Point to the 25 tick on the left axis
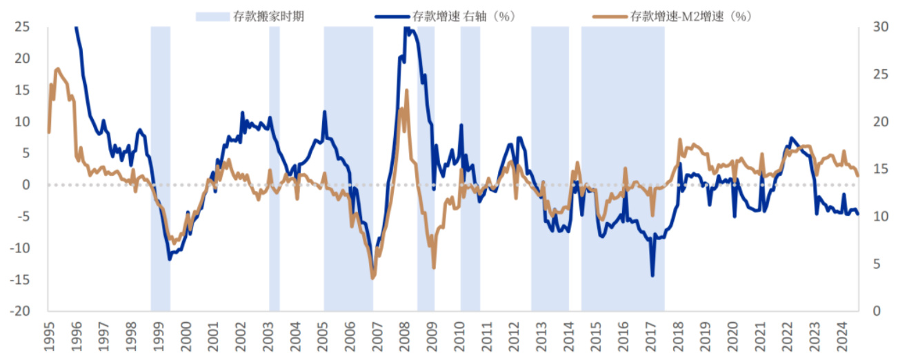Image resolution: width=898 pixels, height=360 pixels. pyautogui.click(x=23, y=27)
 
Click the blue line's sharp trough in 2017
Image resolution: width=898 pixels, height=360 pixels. pyautogui.click(x=652, y=276)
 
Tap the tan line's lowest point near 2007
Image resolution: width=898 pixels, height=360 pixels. pyautogui.click(x=373, y=278)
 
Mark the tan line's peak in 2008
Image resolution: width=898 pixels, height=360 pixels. pyautogui.click(x=407, y=90)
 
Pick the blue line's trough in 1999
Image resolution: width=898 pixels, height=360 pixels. pyautogui.click(x=170, y=259)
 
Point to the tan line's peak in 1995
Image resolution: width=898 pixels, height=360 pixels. pyautogui.click(x=57, y=69)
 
